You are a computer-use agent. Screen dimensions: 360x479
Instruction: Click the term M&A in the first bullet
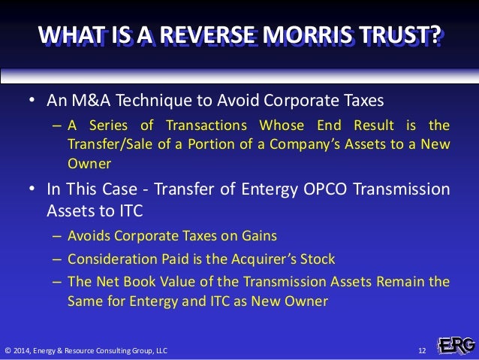click(84, 101)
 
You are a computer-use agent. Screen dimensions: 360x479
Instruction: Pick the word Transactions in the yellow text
click(215, 125)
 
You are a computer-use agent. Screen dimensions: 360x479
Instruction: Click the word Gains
click(259, 236)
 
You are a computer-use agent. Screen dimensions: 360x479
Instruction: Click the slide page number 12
click(421, 350)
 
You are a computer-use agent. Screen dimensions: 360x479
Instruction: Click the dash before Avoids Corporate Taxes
click(58, 236)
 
